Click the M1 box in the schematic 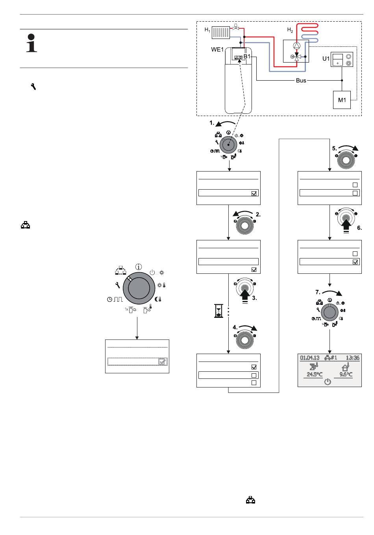pos(342,100)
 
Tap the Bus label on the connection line pos(301,81)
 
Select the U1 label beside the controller pos(326,59)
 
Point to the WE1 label pos(217,50)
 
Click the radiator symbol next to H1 pos(220,33)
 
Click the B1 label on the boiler pos(247,57)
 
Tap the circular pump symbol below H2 pos(296,46)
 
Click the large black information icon pos(31,43)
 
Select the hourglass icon pos(218,311)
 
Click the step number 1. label pos(212,123)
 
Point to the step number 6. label pos(359,228)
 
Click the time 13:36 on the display pos(352,358)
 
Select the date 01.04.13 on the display pos(310,358)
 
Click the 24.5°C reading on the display pos(315,374)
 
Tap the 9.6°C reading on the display pos(346,374)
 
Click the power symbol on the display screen pos(328,382)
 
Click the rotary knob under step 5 pos(346,160)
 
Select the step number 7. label pos(318,292)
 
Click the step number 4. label pos(235,327)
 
